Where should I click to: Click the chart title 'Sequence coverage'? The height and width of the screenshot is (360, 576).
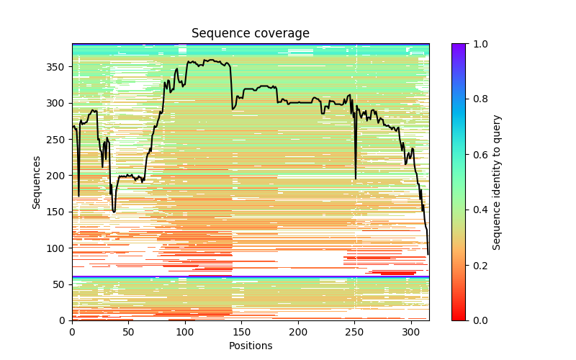250,33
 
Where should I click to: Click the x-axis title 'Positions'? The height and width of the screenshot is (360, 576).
250,346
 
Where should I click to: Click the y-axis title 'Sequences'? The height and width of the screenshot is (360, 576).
37,182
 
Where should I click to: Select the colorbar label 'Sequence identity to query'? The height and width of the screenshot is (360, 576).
497,182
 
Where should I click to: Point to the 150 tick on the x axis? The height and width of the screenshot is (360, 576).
241,320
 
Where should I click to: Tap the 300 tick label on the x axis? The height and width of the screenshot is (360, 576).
410,331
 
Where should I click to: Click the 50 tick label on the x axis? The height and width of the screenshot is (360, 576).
128,331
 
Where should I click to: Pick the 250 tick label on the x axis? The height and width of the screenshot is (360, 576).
354,331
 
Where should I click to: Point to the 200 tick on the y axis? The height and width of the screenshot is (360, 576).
72,176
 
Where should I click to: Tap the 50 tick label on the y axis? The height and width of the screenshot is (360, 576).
61,284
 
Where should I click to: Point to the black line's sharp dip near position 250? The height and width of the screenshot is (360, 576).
356,178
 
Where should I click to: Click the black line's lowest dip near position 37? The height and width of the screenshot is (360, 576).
114,212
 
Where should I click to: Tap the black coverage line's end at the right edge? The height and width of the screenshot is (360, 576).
428,253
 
